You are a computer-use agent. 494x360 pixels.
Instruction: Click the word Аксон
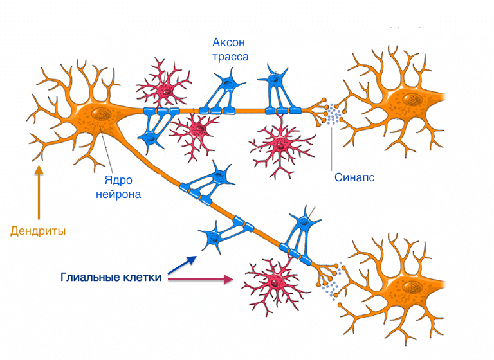coord(229,43)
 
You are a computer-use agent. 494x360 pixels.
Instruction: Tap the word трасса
coord(230,57)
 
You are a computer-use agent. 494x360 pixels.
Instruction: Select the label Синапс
coord(354,177)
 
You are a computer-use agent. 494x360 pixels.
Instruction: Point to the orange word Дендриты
coord(38,230)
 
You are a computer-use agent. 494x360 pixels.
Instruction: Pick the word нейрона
coord(118,194)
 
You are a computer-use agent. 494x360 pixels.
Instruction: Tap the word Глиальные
coord(89,278)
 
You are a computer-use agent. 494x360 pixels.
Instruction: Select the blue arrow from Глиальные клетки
coord(183,264)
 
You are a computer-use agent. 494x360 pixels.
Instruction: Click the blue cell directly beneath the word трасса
coord(223,84)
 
